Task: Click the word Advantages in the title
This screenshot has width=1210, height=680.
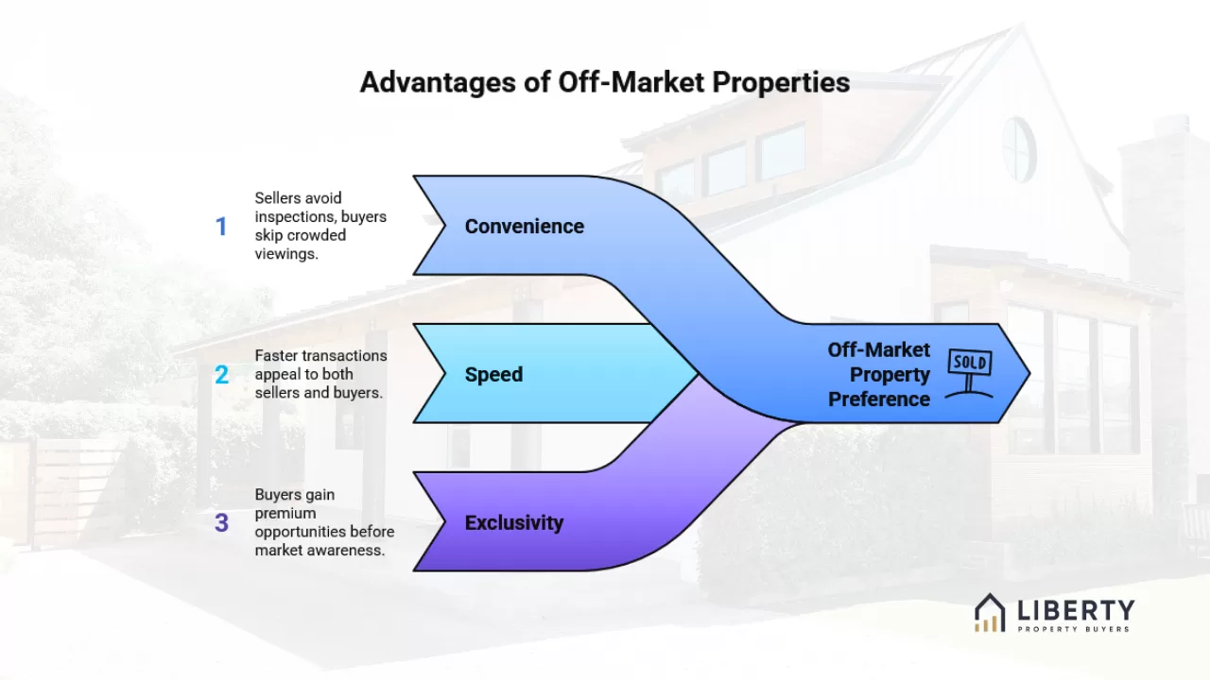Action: [x=438, y=83]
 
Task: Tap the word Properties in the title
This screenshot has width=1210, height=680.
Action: [x=781, y=82]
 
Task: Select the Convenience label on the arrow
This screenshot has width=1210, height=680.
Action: [x=524, y=226]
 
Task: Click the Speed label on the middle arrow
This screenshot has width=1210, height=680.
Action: [x=493, y=375]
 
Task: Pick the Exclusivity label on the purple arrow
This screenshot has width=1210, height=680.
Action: [x=513, y=522]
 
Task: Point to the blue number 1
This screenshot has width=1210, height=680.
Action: [x=221, y=226]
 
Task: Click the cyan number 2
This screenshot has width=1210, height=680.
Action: [x=221, y=375]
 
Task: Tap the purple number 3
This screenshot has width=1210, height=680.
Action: [x=221, y=522]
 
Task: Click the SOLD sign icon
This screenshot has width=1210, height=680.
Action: [x=970, y=373]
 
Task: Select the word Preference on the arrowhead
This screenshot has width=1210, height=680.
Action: [x=879, y=399]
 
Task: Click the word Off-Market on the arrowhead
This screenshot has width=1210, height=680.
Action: [x=879, y=349]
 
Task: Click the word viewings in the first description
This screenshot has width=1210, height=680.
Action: [x=286, y=254]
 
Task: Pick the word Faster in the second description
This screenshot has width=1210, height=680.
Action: [x=275, y=356]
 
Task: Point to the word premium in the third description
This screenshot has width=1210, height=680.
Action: [x=285, y=513]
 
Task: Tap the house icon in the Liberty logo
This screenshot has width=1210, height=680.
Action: [x=990, y=613]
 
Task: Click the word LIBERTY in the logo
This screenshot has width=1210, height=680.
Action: [x=1076, y=610]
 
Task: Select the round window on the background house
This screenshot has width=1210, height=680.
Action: [x=1019, y=149]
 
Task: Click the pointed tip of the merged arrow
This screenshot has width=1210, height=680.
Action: [x=1029, y=373]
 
